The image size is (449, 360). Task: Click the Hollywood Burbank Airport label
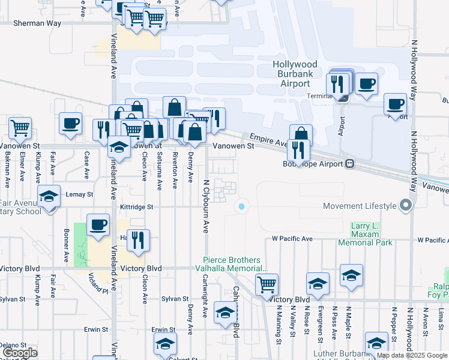pos(294,74)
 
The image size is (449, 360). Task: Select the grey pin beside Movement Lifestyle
pos(406,206)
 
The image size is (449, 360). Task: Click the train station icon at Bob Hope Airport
pos(349,164)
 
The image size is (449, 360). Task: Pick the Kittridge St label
pos(136,206)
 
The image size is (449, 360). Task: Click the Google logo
pos(20,353)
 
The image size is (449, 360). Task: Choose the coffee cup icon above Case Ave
pos(71,123)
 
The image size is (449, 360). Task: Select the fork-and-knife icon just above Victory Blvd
pos(138,239)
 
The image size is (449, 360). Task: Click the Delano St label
pos(13,345)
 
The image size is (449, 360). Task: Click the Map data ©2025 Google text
pos(411,355)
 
